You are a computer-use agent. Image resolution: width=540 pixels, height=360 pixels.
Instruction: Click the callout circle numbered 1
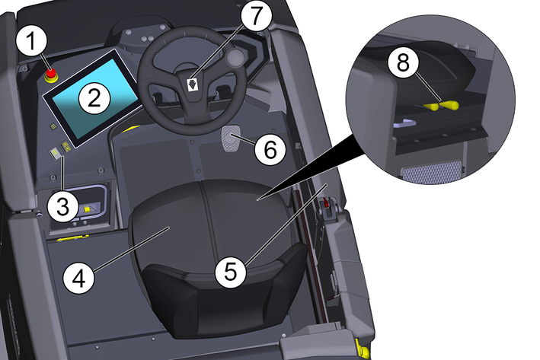pos(31,41)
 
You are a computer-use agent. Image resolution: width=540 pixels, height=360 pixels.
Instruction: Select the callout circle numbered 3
pos(63,207)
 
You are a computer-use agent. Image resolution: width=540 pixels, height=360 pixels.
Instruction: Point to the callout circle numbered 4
pos(79,278)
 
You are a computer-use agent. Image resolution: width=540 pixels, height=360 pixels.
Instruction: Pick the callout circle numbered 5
pos(231,272)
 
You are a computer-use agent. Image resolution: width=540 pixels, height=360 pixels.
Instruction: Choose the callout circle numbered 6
pos(270,150)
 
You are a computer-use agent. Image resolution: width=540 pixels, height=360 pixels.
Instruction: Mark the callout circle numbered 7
pos(256,16)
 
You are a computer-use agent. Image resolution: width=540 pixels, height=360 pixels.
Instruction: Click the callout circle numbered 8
pos(403,63)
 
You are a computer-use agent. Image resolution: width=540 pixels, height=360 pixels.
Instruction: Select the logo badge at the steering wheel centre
pos(192,84)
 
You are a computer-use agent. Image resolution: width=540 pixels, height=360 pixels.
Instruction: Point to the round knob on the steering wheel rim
pos(235,56)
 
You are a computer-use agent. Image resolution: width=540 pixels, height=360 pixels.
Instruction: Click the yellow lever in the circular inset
pos(442,105)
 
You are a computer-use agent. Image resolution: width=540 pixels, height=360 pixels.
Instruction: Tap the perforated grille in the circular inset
pos(432,171)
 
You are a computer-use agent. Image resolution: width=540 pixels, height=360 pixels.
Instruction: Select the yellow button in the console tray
pos(87,209)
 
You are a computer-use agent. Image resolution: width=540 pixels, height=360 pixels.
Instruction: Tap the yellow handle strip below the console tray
pos(72,238)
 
